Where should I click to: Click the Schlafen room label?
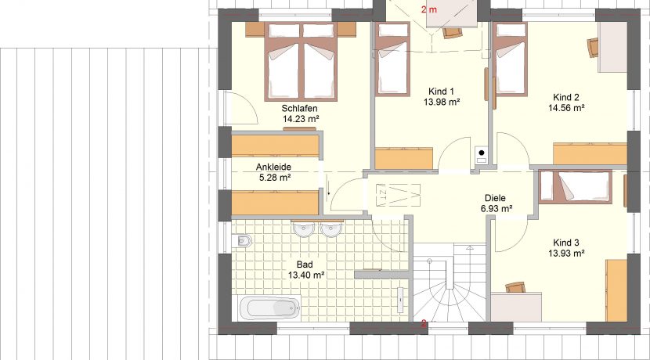tap(299, 109)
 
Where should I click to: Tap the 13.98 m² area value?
tap(442, 102)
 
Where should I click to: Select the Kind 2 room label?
tap(566, 97)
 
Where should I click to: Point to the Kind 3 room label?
tap(566, 243)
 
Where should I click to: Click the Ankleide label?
tap(273, 167)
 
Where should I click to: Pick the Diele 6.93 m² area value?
tap(497, 209)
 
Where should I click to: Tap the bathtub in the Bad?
tap(270, 308)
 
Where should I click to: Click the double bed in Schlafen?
tap(301, 61)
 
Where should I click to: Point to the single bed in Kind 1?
tap(392, 59)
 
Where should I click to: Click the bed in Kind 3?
tap(576, 187)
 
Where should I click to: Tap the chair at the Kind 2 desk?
tap(593, 47)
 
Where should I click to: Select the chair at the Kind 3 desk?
tap(515, 287)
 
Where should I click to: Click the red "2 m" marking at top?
tap(429, 9)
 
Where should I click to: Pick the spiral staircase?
tap(450, 282)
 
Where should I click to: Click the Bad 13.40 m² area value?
tap(306, 275)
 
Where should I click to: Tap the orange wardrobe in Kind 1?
tap(404, 159)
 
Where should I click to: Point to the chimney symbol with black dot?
tap(482, 156)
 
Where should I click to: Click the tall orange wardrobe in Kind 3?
tap(616, 290)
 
